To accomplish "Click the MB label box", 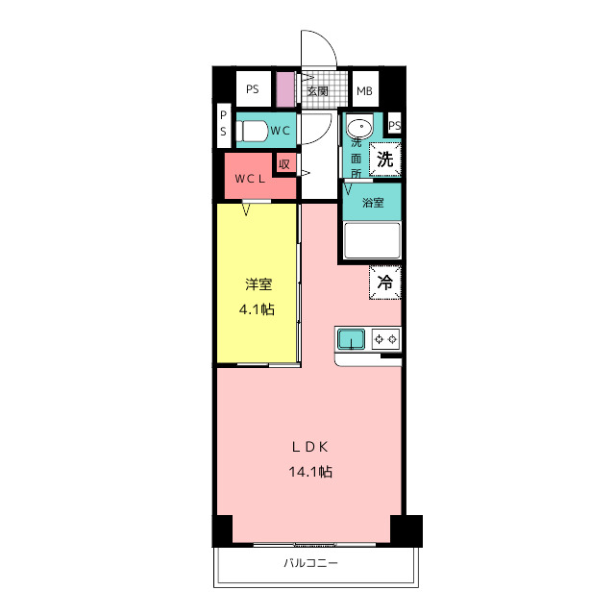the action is pyautogui.click(x=365, y=89).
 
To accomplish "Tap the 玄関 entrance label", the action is pyautogui.click(x=317, y=91).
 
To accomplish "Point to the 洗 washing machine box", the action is pyautogui.click(x=385, y=160).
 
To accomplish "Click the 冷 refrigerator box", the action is pyautogui.click(x=385, y=283).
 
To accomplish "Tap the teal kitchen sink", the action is pyautogui.click(x=352, y=339).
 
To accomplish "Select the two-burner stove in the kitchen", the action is pyautogui.click(x=386, y=339).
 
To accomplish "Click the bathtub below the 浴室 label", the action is pyautogui.click(x=372, y=241).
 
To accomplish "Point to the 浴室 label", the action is pyautogui.click(x=373, y=203).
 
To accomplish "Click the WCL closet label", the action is pyautogui.click(x=250, y=179).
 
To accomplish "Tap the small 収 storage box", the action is pyautogui.click(x=284, y=164).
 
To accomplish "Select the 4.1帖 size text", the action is pyautogui.click(x=257, y=309).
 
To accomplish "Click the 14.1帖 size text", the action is pyautogui.click(x=310, y=471).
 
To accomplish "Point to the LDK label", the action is pyautogui.click(x=309, y=447).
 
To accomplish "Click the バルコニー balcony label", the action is pyautogui.click(x=310, y=563).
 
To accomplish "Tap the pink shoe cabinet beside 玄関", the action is pyautogui.click(x=285, y=89).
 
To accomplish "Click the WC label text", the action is pyautogui.click(x=280, y=131).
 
